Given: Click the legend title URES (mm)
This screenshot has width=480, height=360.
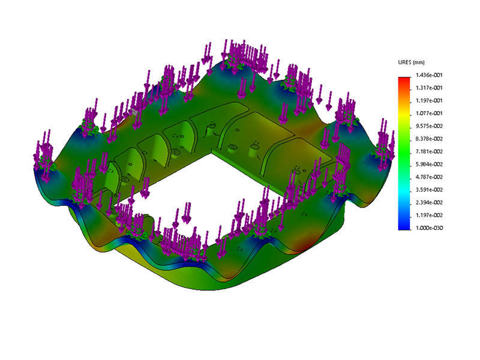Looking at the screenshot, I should pyautogui.click(x=411, y=63).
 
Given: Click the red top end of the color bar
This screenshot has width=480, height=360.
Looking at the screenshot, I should pyautogui.click(x=404, y=79).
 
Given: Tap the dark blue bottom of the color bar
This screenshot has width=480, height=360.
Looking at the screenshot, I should pyautogui.click(x=404, y=226).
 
